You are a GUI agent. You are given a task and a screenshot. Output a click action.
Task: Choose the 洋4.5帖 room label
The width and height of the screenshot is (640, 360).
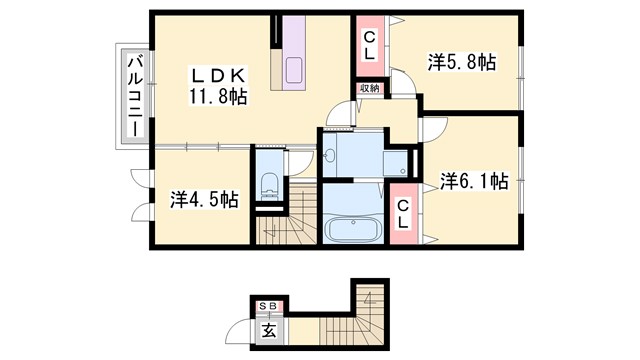(x=204, y=199)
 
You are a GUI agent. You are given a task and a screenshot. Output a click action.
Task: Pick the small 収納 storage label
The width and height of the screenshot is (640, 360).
(x=369, y=88)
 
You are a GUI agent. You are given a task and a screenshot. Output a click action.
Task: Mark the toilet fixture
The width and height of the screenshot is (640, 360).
(x=268, y=184)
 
